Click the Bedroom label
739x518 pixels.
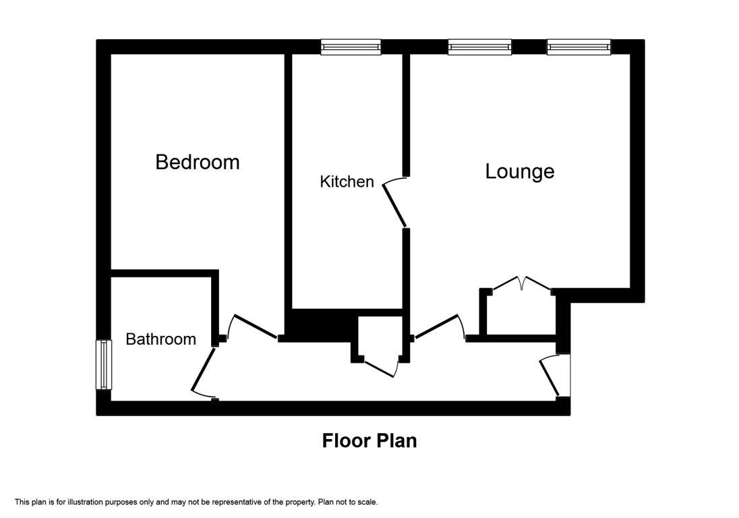(198, 162)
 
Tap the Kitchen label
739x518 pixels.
(347, 181)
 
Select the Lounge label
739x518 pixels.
(520, 171)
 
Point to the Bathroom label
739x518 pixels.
(160, 339)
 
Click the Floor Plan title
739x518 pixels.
(369, 440)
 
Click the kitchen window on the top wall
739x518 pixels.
(351, 47)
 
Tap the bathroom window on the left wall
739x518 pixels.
(104, 365)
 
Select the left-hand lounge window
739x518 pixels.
(480, 47)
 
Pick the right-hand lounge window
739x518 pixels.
(579, 47)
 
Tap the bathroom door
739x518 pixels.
(204, 372)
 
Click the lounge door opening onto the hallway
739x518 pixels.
(438, 326)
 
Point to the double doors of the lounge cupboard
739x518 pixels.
(522, 283)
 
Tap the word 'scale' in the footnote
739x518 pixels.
(367, 502)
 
